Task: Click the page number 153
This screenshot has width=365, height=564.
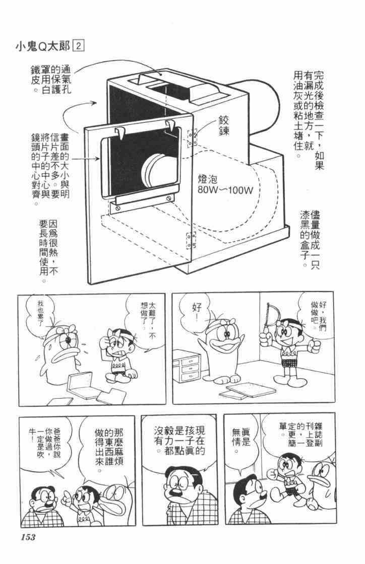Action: click(28, 537)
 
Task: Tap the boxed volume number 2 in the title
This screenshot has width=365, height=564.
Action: click(79, 46)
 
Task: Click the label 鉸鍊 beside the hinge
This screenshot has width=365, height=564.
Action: click(223, 125)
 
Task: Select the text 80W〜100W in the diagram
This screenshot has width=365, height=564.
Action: click(225, 189)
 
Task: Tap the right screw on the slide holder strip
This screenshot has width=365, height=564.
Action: click(168, 197)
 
